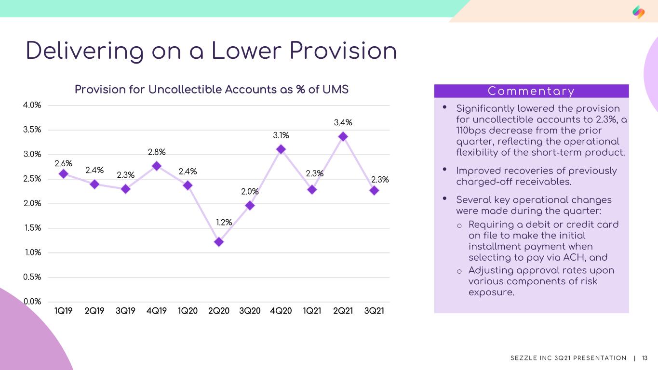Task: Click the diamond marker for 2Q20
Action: coord(219,242)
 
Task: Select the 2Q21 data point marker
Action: coord(343,136)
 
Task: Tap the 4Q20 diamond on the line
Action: coord(281,149)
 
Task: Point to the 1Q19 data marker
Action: coord(64,174)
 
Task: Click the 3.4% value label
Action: coord(343,122)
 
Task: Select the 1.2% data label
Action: coord(224,222)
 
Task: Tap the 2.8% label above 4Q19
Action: coord(157,152)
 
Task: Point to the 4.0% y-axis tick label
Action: coord(32,105)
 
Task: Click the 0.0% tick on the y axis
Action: coord(32,302)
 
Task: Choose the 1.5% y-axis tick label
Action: coord(33,228)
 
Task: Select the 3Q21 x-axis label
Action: coord(374,311)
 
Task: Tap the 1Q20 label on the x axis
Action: coord(188,311)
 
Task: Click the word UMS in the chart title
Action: coord(336,90)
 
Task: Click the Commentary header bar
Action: coord(531,91)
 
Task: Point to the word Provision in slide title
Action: coord(343,51)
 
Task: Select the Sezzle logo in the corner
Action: coord(638,12)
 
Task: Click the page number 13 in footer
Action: coord(645,358)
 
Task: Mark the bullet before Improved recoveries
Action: coord(445,169)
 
